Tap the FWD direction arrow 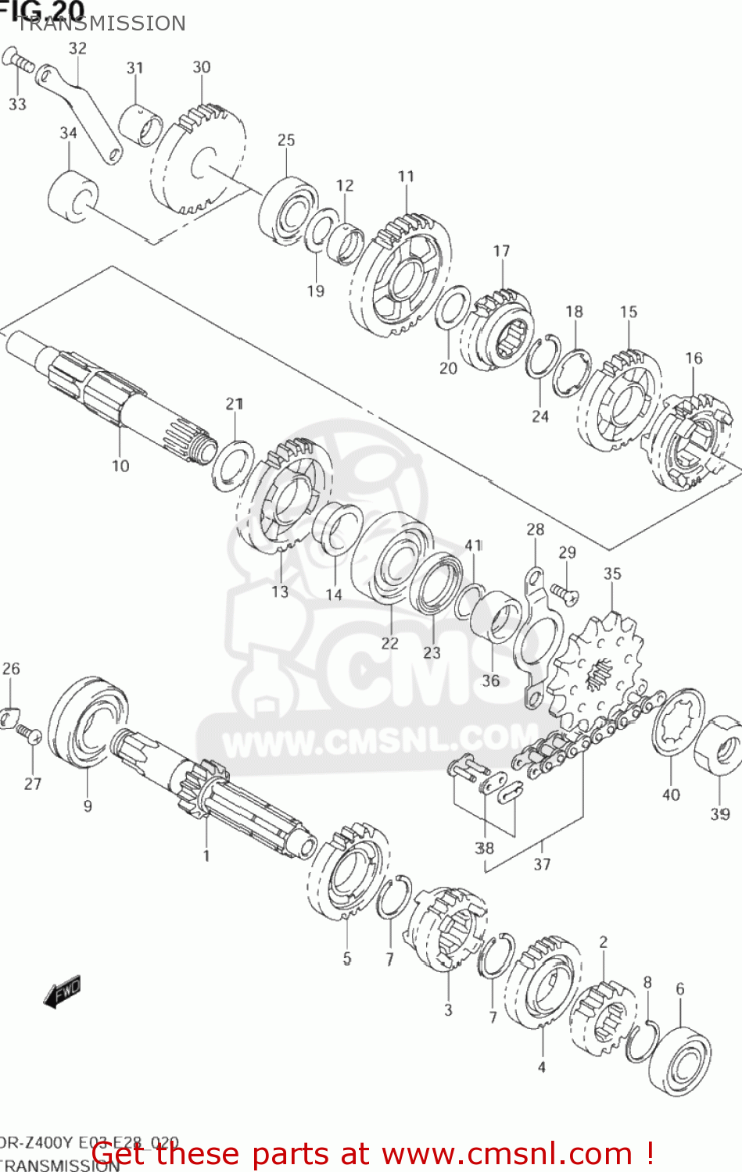point(63,992)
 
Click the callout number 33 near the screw point(17,104)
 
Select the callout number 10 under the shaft point(120,466)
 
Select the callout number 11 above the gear point(406,177)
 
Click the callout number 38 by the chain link point(485,848)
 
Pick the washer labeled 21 point(233,466)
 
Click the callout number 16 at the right point(694,358)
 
